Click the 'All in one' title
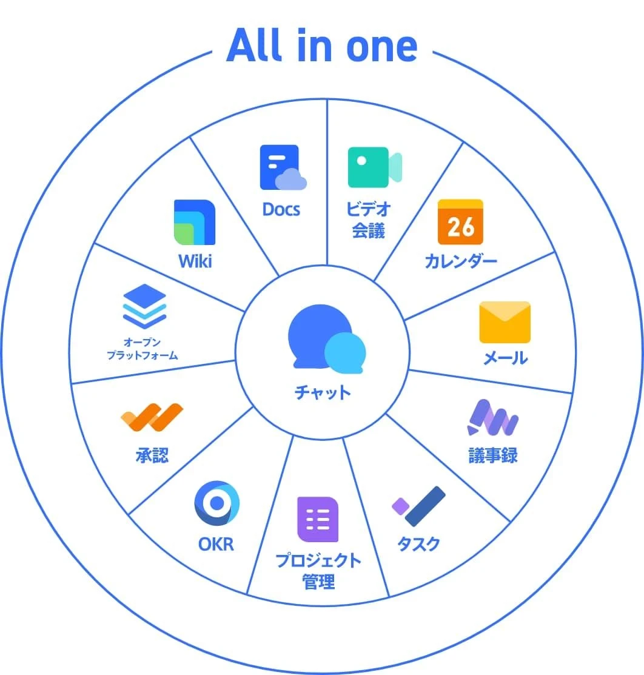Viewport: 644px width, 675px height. pos(322,46)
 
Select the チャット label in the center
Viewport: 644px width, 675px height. pos(323,392)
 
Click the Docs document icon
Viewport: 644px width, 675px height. pos(282,167)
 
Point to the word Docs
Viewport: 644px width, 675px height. pos(281,210)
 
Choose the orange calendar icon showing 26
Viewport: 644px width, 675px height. pos(460,222)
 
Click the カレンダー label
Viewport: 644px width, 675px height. pos(460,261)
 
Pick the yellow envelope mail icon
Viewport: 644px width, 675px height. pos(505,322)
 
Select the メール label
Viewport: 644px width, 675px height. pos(505,358)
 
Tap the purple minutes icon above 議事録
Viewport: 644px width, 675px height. pos(493,417)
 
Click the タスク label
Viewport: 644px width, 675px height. pos(418,544)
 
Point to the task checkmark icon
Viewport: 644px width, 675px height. pos(419,506)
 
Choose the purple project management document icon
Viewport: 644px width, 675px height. pos(317,519)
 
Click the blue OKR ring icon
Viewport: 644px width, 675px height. pos(216,503)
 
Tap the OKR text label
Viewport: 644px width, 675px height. pos(216,544)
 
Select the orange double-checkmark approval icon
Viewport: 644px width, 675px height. pos(152,417)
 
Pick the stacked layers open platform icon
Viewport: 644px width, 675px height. pos(144,306)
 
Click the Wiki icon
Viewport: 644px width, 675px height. pos(194,222)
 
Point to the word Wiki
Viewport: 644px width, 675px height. pos(195,262)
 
